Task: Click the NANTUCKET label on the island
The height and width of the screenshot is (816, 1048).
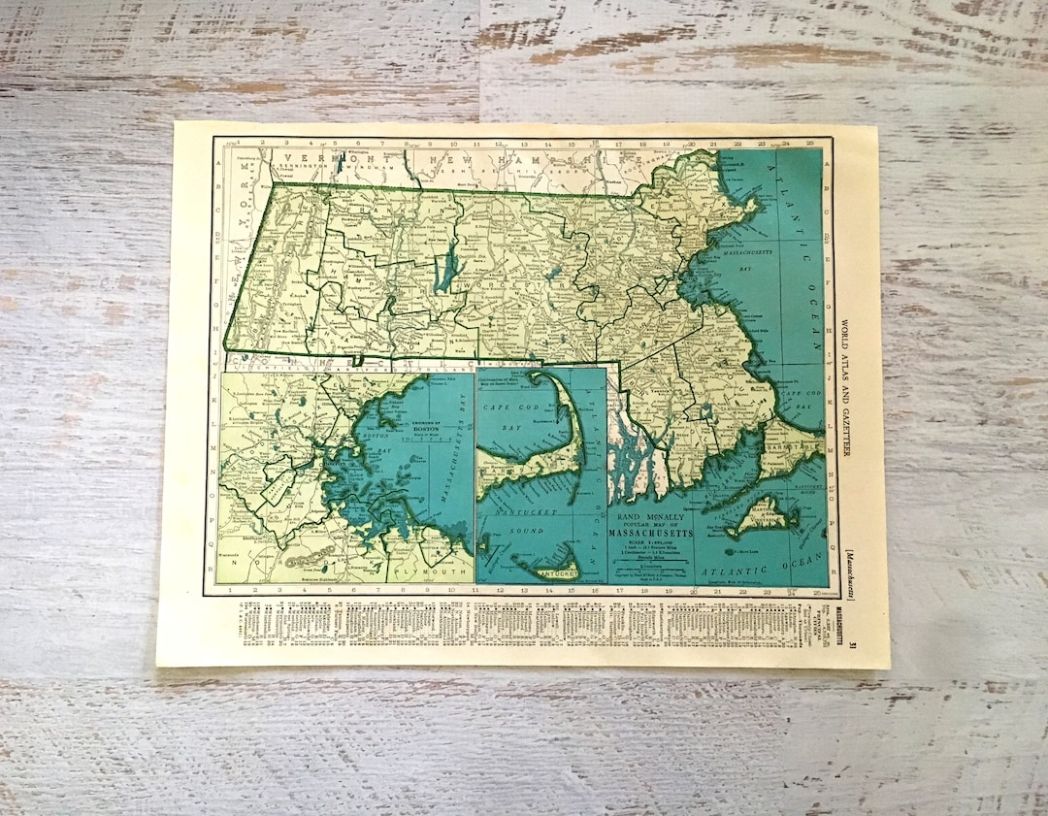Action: pos(548,572)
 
